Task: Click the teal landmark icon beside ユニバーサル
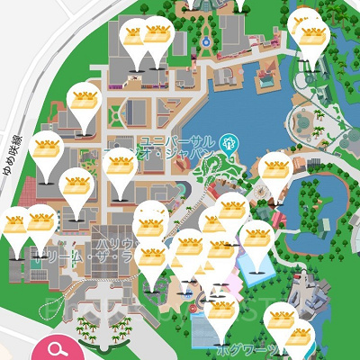pyautogui.click(x=229, y=141)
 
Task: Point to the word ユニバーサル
pyautogui.click(x=180, y=142)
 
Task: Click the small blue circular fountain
pyautogui.click(x=206, y=41)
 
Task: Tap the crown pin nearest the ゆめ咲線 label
pyautogui.click(x=45, y=148)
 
